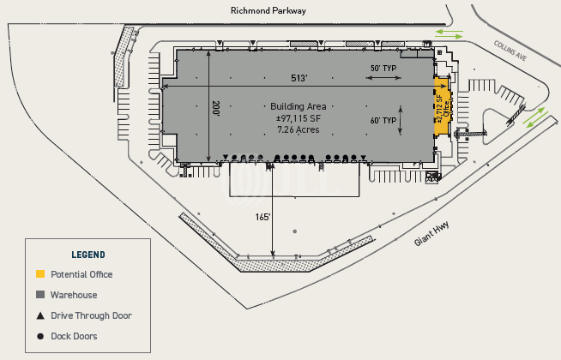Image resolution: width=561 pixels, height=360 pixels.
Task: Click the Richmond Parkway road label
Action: (268, 11)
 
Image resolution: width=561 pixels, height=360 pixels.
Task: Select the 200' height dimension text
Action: (215, 109)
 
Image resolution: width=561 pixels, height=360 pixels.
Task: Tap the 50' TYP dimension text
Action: (382, 67)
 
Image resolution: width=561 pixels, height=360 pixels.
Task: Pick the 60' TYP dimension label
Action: (382, 121)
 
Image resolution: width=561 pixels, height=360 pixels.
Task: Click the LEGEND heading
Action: (88, 255)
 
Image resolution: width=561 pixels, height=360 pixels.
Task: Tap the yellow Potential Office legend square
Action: (39, 274)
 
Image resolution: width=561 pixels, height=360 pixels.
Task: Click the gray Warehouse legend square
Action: (39, 295)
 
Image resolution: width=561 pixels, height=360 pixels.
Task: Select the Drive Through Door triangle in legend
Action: (39, 315)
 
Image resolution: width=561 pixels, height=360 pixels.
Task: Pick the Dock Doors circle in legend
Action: (39, 336)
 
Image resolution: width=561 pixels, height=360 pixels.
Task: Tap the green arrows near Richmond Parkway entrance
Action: (449, 34)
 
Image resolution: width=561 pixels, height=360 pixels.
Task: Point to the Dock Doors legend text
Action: (74, 336)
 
